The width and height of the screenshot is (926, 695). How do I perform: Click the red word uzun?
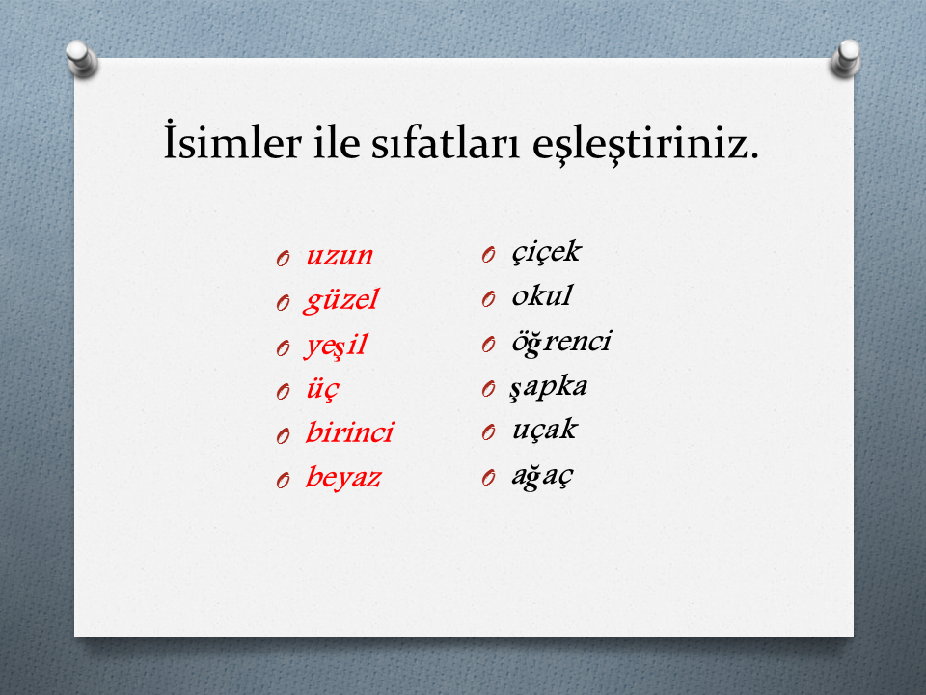point(340,256)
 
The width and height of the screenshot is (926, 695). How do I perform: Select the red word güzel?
point(340,300)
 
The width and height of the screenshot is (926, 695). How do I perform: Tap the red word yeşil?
point(336,345)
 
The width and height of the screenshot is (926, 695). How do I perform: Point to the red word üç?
point(322,389)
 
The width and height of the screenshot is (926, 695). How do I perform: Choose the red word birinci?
point(349,432)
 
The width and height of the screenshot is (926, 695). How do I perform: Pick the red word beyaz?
point(343,478)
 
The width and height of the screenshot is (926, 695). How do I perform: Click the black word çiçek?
point(546,252)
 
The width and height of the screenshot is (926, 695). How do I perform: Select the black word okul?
point(542,295)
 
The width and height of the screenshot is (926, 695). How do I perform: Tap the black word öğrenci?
point(561,342)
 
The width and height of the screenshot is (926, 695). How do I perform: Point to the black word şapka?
point(549,387)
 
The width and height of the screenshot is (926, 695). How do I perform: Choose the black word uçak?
point(544,430)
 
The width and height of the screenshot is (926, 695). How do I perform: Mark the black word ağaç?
point(542,475)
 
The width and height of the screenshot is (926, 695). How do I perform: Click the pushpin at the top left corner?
point(81,59)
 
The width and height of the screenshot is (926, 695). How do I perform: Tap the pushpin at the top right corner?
point(846,58)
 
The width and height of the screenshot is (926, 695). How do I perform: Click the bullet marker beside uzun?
point(283,259)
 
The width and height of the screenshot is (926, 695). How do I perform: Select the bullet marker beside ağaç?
point(488,477)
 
